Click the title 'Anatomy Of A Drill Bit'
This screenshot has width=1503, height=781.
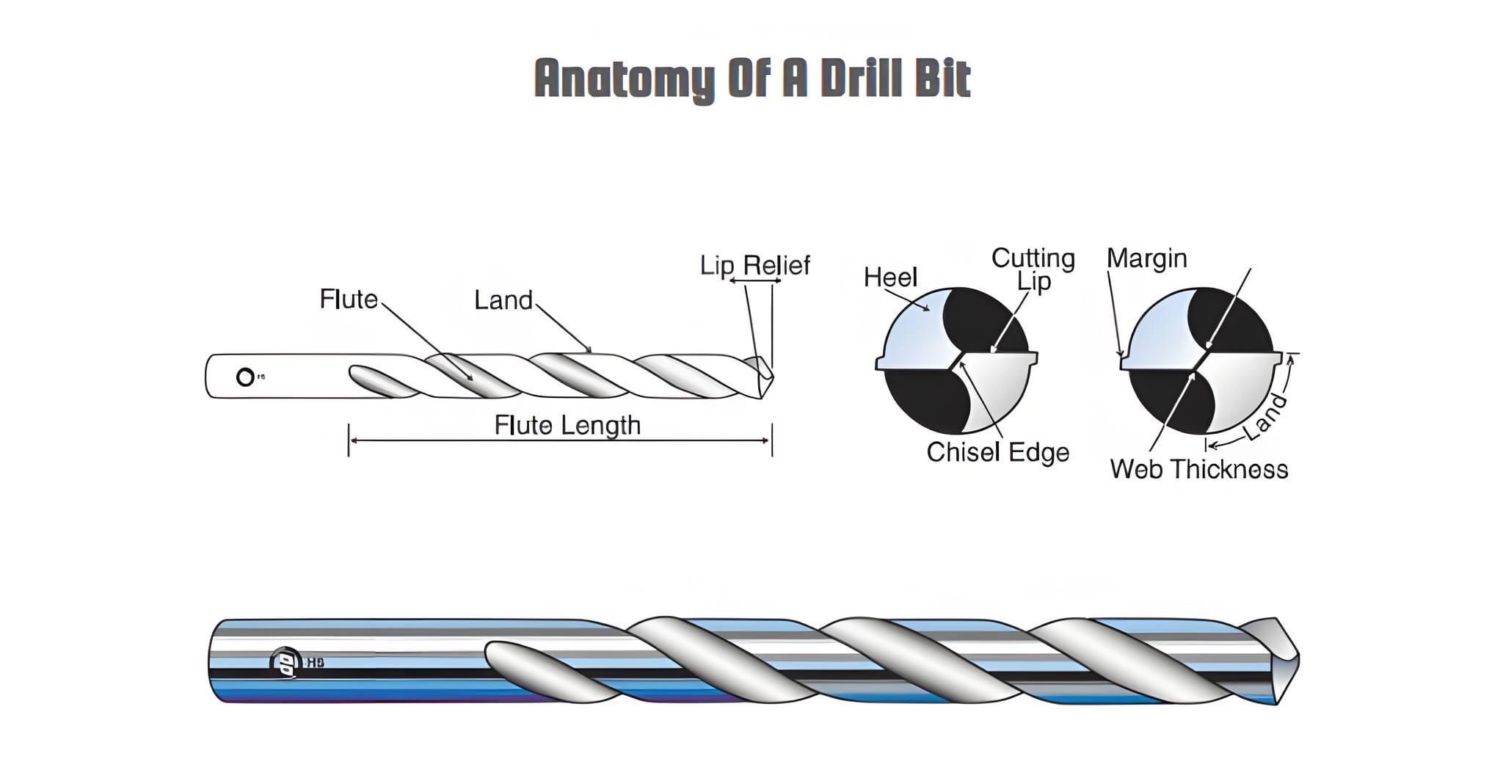(x=752, y=78)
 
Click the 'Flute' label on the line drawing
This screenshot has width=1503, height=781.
(x=349, y=299)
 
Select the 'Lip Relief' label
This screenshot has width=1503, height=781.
(x=754, y=265)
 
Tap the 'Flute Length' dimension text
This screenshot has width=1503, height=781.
(x=567, y=426)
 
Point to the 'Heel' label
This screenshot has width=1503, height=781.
(x=890, y=277)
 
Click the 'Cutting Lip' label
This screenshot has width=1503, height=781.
(x=1033, y=269)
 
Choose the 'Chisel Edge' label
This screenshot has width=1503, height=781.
(x=997, y=452)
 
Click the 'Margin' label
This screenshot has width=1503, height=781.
(x=1146, y=258)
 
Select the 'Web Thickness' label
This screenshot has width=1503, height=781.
(x=1198, y=469)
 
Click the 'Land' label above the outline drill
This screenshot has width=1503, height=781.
(x=503, y=300)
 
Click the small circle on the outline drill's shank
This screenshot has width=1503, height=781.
(x=245, y=377)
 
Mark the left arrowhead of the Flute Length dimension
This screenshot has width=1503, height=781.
(x=353, y=440)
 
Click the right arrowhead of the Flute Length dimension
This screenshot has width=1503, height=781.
(x=767, y=440)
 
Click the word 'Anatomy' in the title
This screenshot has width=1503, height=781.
(x=624, y=79)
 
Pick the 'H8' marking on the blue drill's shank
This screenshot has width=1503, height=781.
(x=315, y=663)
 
